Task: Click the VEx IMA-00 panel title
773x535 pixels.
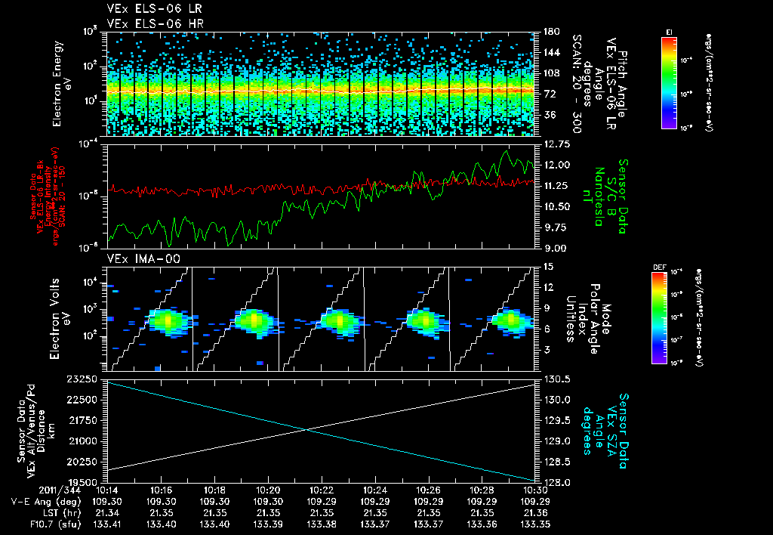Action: (x=135, y=258)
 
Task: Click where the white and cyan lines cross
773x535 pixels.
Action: (x=307, y=430)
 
